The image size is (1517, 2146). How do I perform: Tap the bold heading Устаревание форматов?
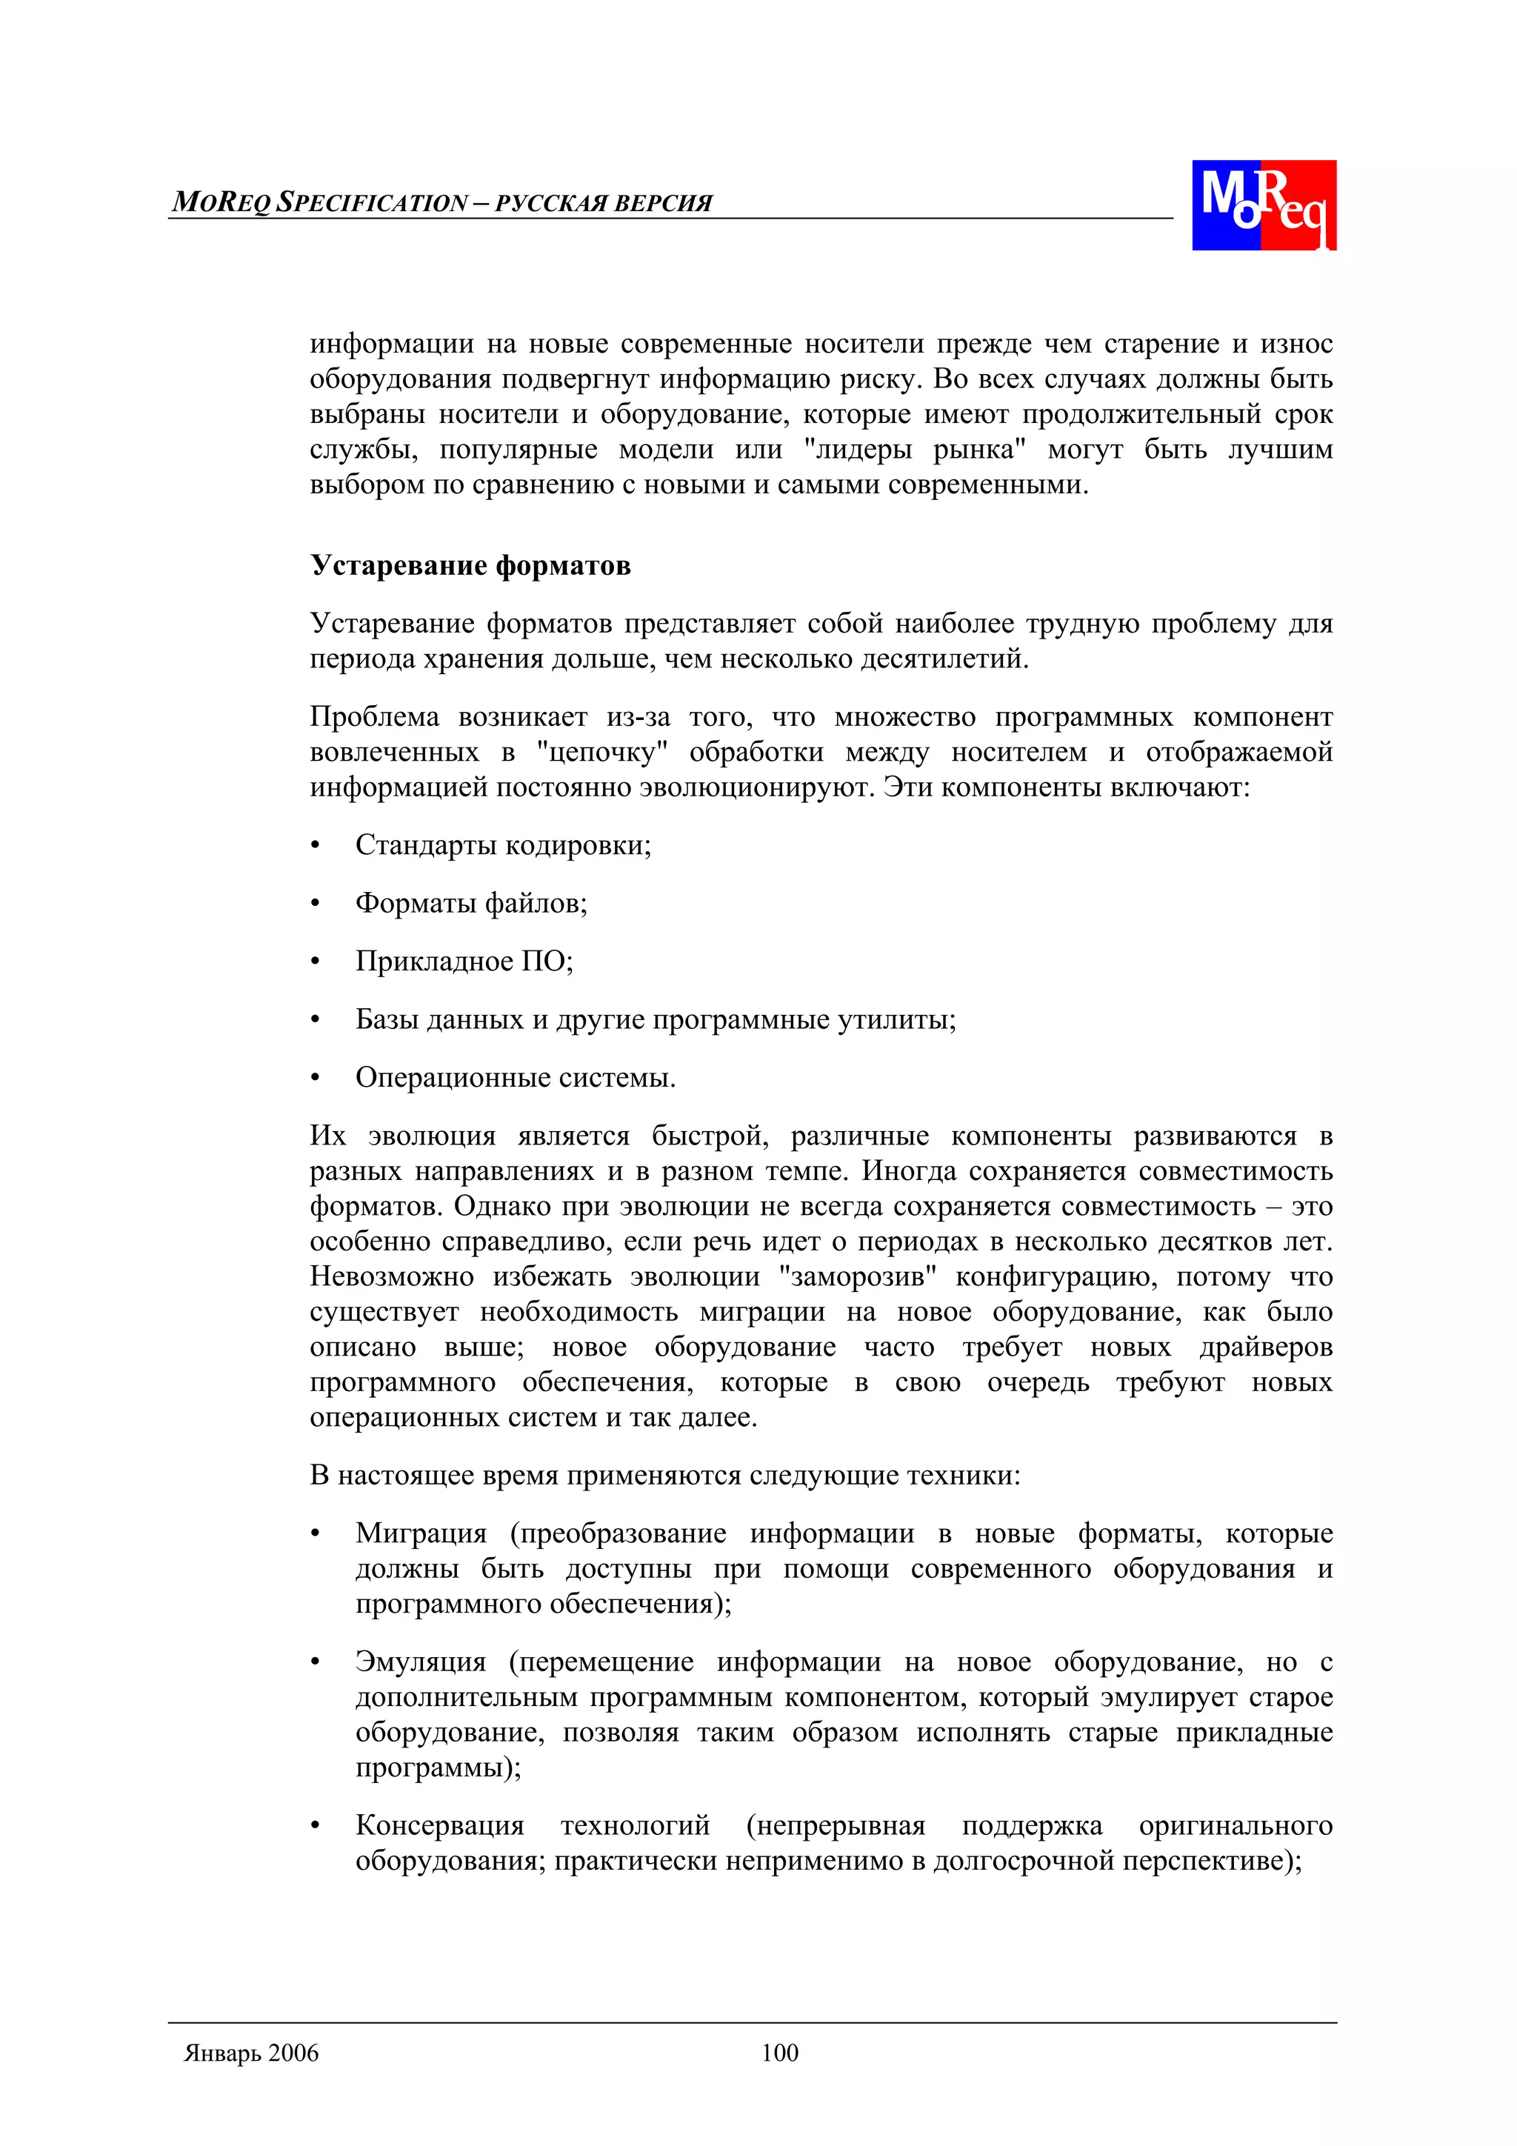pos(470,565)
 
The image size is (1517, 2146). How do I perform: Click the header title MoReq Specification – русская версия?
pos(442,203)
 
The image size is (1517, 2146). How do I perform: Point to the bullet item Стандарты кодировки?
pos(503,845)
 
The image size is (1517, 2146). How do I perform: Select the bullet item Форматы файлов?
pos(471,903)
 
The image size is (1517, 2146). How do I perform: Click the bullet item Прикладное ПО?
pos(464,961)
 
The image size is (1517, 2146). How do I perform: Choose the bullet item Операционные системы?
pos(515,1078)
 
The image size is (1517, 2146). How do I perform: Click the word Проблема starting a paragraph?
pos(374,717)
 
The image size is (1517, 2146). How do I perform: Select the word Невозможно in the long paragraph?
pos(392,1277)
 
